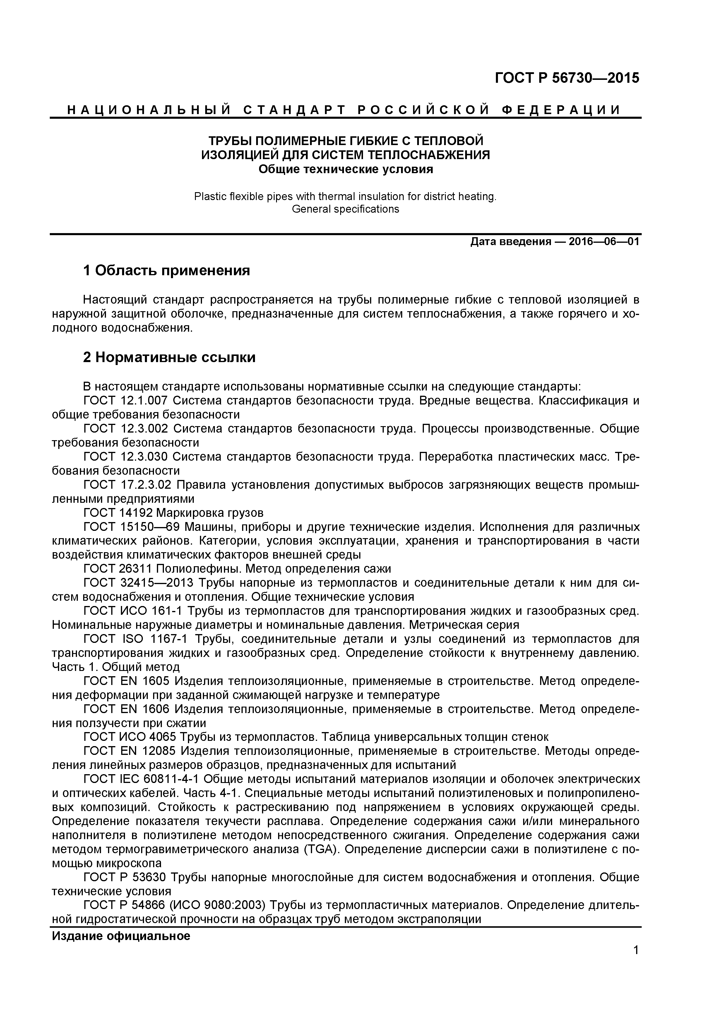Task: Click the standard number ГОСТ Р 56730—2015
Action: [x=567, y=78]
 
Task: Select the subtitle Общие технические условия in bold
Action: [x=346, y=169]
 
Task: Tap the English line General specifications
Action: [x=345, y=209]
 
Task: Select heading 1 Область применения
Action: [x=166, y=270]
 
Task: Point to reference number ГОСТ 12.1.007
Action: [x=126, y=400]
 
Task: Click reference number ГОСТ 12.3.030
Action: [x=126, y=457]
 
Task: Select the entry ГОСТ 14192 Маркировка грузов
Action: [x=174, y=512]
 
